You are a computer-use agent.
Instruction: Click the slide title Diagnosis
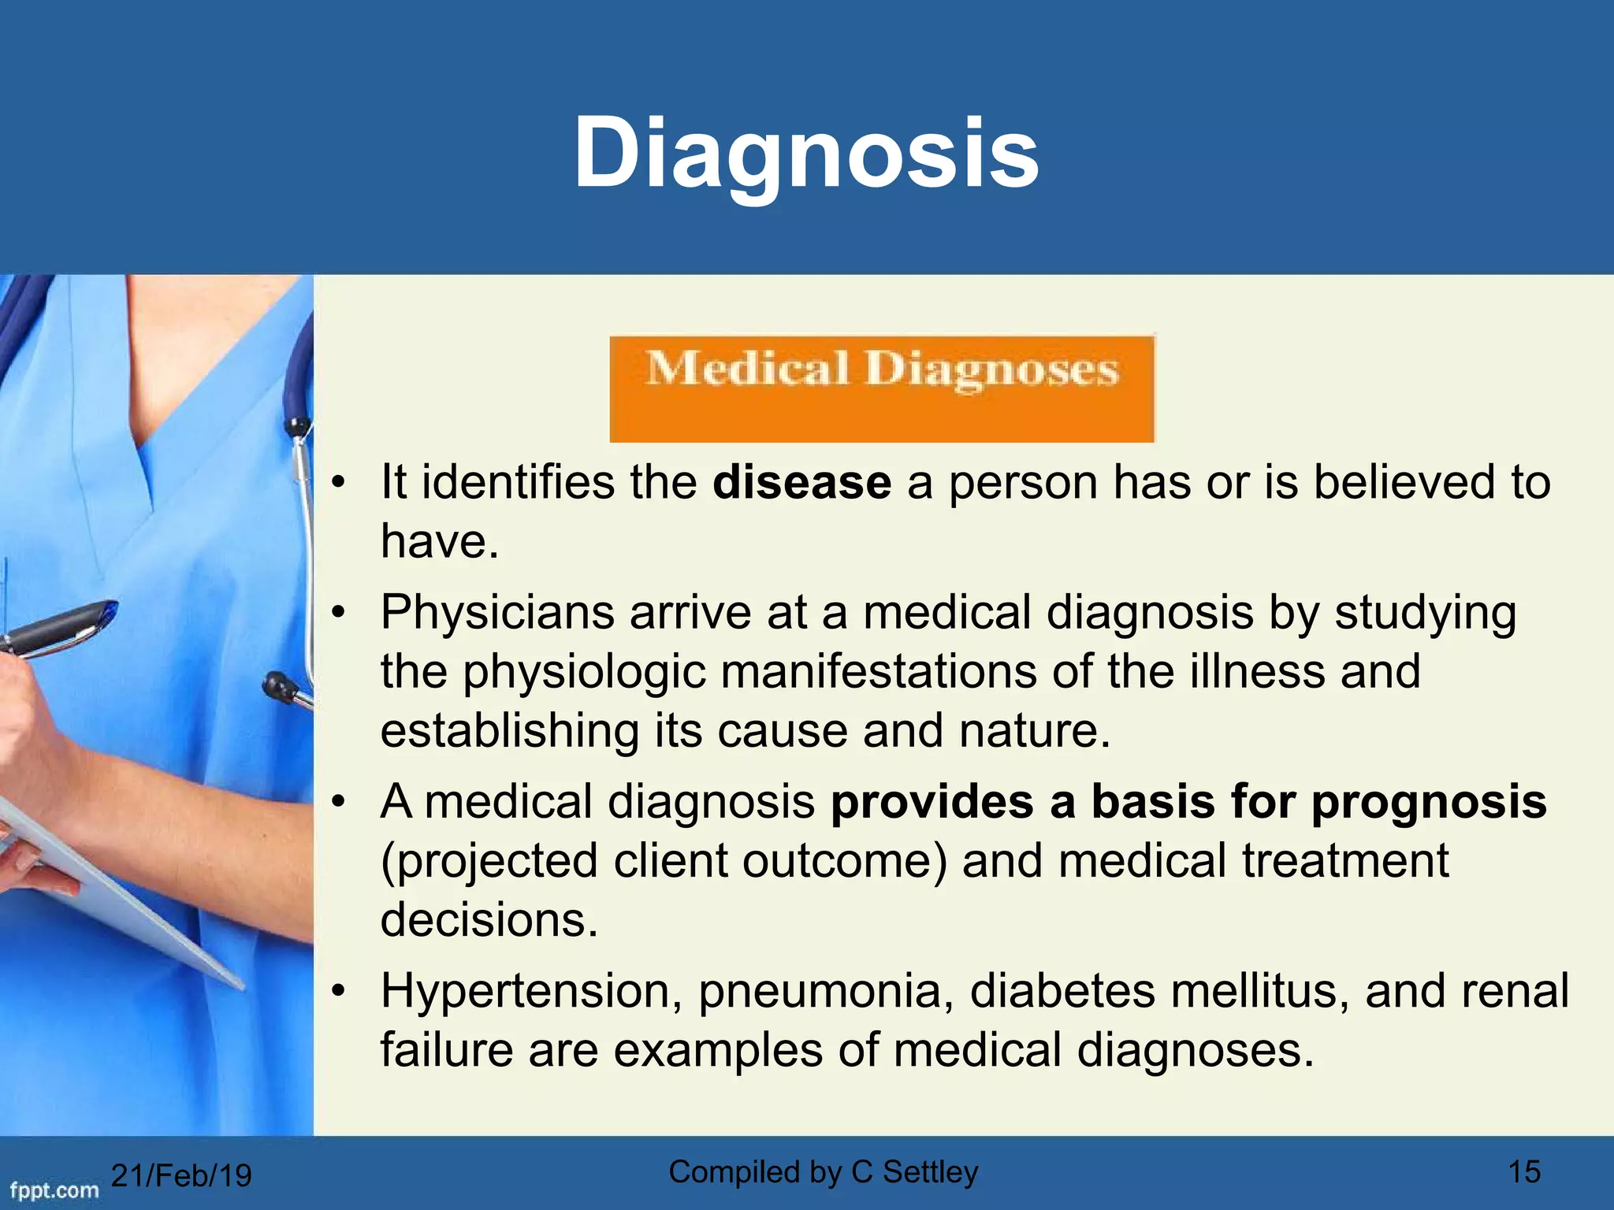click(806, 154)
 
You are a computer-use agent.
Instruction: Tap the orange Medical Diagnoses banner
click(881, 388)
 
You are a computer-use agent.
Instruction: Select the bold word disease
click(801, 482)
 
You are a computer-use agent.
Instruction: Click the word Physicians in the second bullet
click(496, 613)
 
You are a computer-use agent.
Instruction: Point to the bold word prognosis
click(1429, 804)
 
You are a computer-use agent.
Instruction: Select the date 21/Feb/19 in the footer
click(181, 1175)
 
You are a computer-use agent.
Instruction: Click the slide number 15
click(1524, 1172)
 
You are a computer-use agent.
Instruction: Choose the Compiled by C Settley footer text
click(823, 1172)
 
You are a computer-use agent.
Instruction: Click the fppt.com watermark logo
click(54, 1190)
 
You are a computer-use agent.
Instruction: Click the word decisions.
click(489, 920)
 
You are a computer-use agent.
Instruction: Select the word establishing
click(509, 731)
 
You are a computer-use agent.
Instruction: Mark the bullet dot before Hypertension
click(339, 991)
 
